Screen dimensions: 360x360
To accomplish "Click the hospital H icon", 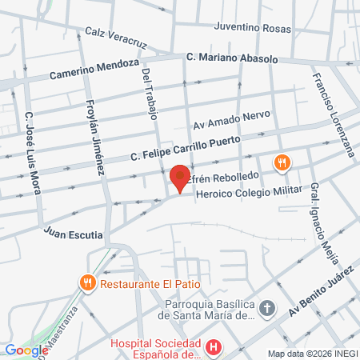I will coord(214,348).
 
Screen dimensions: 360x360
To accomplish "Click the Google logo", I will coord(26,349).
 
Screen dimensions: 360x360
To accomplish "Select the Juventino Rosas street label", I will coord(253,26).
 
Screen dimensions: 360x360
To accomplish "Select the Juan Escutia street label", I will coord(74,234).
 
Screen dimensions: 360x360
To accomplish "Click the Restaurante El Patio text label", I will coord(148,282).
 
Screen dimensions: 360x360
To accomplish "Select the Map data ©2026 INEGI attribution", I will coord(312,354).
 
